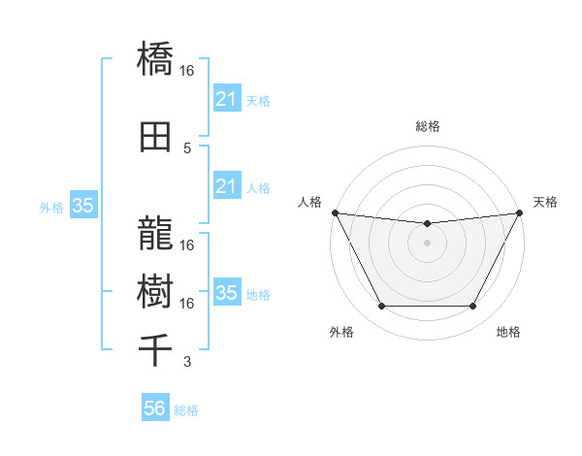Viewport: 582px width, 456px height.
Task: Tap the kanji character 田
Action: point(155,137)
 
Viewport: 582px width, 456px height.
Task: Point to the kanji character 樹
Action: point(155,289)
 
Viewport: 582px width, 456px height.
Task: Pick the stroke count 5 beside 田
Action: point(187,147)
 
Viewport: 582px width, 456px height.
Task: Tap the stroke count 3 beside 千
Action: point(187,362)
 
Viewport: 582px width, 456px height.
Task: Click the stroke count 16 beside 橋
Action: point(187,70)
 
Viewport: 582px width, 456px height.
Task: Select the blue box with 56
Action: point(154,408)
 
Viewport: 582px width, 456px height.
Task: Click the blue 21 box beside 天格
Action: point(226,99)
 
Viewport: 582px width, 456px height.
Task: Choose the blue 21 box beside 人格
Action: point(226,186)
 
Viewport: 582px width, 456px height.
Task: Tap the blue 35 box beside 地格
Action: point(226,293)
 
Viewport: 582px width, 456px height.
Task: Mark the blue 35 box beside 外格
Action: point(82,206)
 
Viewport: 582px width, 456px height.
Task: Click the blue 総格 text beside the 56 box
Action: point(187,410)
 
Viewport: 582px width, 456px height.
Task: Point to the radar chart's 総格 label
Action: point(427,126)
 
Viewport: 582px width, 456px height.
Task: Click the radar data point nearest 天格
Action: point(521,212)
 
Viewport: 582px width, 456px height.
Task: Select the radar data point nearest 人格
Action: point(334,212)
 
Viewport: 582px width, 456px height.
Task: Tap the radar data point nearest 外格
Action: point(381,307)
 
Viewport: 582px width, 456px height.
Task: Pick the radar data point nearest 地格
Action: point(472,307)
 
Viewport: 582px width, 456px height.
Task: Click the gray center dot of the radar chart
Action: point(427,243)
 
